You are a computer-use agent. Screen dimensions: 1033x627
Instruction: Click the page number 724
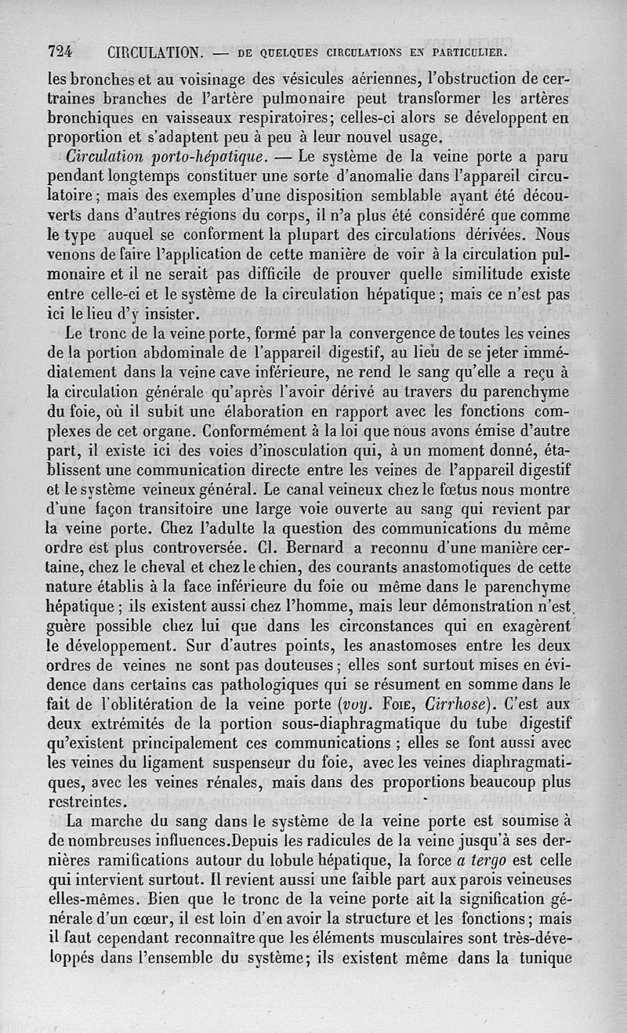(60, 53)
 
